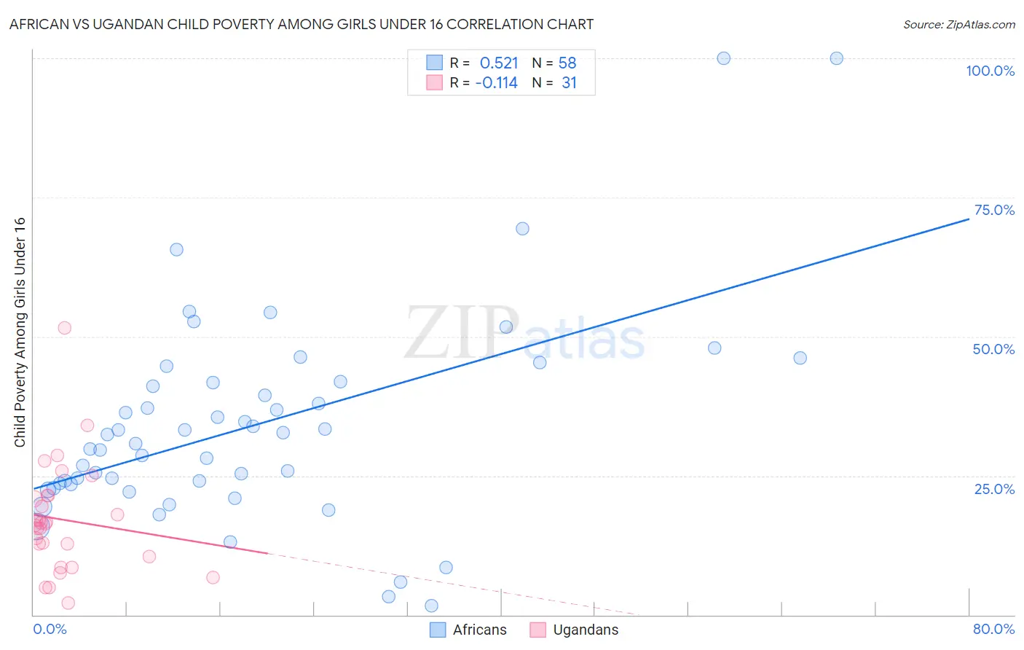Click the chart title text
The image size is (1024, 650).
coord(302,24)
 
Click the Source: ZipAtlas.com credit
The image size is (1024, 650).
coord(958,24)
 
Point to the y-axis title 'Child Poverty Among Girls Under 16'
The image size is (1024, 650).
coord(20,332)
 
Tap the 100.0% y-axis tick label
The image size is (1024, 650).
coord(990,71)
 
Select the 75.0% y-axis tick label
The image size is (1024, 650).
coord(994,210)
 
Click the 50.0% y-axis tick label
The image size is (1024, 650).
coord(993,349)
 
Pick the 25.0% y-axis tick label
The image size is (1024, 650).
coord(994,489)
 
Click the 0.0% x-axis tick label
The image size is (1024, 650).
coord(50,629)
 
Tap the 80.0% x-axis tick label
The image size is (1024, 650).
coord(993,629)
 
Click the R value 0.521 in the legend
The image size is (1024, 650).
coord(499,63)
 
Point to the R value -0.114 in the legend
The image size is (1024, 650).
coord(496,83)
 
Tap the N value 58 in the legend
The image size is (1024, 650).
coord(567,63)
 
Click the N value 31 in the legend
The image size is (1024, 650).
coord(569,83)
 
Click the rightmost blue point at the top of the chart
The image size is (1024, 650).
coord(836,58)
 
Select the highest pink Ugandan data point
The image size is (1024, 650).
coord(64,328)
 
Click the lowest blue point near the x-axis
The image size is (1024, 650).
coord(431,606)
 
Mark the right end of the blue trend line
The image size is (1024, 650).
coord(969,218)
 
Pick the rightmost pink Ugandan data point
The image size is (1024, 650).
coord(213,577)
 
